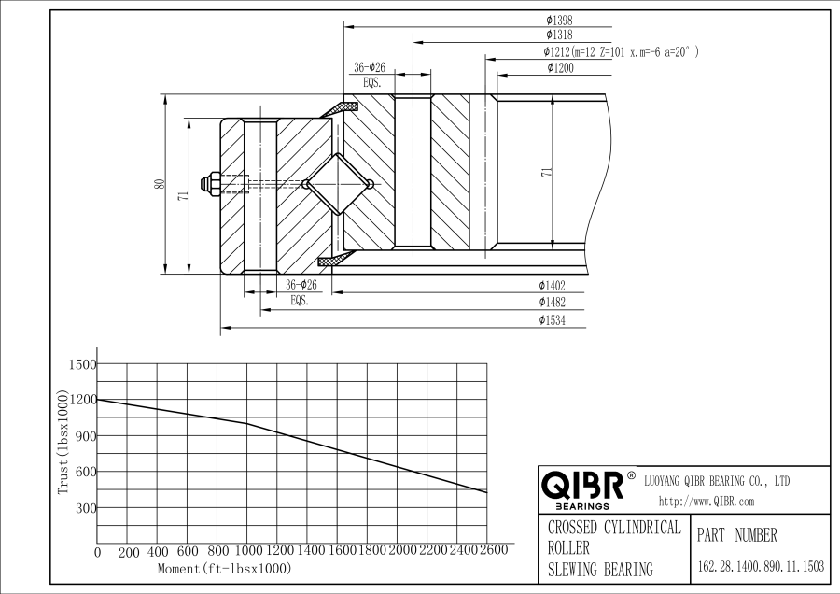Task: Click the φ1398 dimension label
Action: coord(559,19)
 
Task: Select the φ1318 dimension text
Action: coord(559,35)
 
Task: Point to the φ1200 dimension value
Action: coord(559,67)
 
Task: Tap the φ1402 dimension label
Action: coord(552,285)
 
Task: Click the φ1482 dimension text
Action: coord(552,303)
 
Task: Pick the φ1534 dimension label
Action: coord(552,320)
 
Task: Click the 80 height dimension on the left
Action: coord(159,184)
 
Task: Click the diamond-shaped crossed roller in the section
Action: coord(337,183)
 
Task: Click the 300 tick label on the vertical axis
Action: coord(86,508)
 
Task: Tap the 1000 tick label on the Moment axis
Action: coord(247,551)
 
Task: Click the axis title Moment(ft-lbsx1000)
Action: coord(224,568)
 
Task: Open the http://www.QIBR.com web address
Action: coord(707,502)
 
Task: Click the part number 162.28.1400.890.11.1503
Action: coord(761,566)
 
